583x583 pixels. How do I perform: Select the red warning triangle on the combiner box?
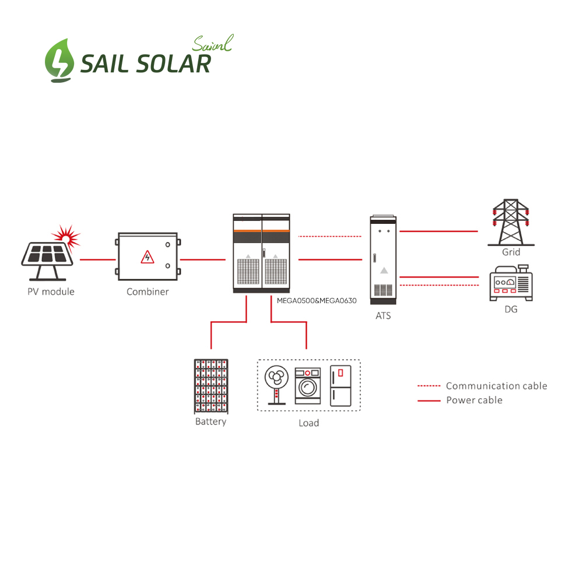click(x=147, y=257)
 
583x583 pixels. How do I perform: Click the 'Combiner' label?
click(x=147, y=291)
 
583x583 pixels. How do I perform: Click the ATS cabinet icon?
click(x=384, y=259)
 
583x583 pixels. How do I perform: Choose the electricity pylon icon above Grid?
click(x=511, y=223)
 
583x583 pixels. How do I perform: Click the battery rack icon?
click(x=210, y=385)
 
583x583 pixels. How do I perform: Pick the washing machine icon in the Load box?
click(x=307, y=385)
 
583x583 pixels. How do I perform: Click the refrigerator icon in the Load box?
click(x=340, y=385)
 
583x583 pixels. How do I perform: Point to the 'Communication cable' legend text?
click(x=496, y=386)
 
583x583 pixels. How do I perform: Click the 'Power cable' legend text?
click(x=474, y=400)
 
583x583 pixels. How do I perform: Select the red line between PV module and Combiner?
click(x=97, y=259)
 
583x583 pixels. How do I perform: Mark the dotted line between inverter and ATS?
click(x=330, y=237)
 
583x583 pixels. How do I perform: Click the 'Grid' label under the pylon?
click(x=511, y=252)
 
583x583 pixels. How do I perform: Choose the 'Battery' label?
click(x=210, y=422)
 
